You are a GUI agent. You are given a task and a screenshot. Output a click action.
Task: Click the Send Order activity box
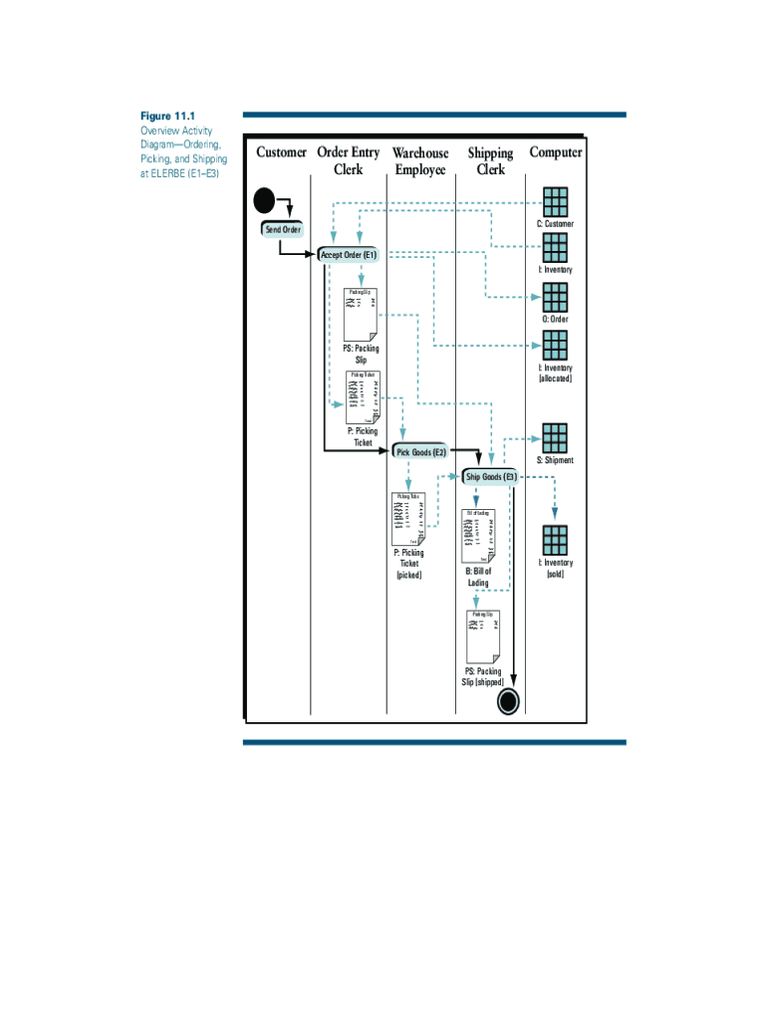282,229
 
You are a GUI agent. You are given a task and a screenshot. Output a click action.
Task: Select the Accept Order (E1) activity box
349,255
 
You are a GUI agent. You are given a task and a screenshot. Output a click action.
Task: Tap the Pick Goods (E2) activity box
421,451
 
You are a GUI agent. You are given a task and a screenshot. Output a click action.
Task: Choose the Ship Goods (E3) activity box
490,476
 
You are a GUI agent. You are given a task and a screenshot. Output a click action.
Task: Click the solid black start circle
264,201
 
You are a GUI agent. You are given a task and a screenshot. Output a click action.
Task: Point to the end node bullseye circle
508,701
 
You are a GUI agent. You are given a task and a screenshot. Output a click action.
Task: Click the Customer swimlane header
282,152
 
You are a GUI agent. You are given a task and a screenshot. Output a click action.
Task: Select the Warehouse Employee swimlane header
420,161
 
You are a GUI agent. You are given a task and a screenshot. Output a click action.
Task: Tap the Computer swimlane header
556,152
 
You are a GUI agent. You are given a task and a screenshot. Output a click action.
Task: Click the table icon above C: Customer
555,201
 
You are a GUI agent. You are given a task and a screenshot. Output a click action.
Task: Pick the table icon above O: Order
555,297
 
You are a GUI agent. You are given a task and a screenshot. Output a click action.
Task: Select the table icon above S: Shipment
555,438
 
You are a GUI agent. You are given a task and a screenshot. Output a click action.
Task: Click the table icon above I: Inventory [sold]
555,540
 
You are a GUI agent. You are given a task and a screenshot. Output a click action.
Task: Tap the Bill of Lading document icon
479,536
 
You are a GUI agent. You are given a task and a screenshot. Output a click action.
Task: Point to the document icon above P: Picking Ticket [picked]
409,518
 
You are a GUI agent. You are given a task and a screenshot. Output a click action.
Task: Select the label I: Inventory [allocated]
555,374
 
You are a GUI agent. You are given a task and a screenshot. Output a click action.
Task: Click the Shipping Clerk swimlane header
490,161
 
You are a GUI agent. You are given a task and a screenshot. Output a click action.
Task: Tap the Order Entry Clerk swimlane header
348,161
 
